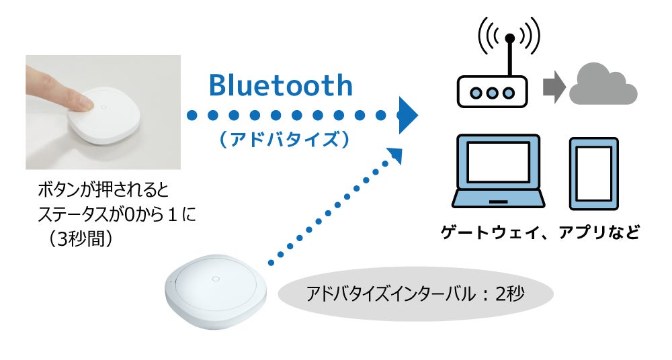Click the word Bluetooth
[280, 86]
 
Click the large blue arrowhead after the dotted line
[408, 115]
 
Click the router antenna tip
[509, 38]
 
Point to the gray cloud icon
[603, 85]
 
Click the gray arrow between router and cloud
[553, 88]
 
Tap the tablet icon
[593, 174]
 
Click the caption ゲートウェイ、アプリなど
[540, 233]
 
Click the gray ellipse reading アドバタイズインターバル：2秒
[415, 294]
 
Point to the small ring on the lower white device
[216, 278]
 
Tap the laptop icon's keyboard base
[497, 200]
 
